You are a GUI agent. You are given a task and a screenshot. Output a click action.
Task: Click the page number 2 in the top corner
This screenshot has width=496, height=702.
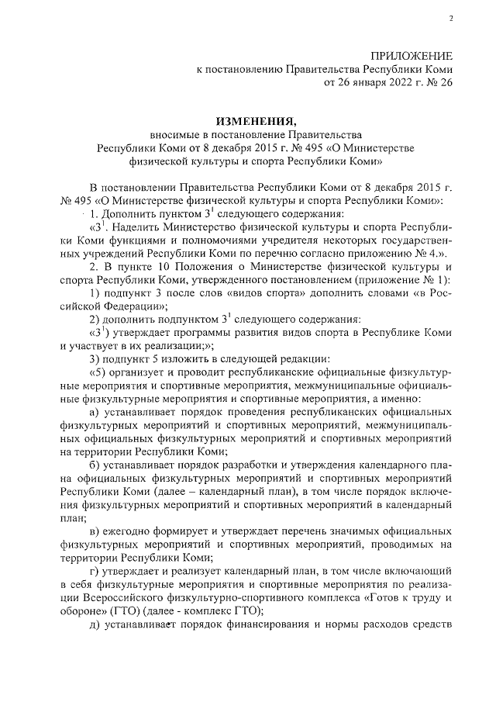point(450,19)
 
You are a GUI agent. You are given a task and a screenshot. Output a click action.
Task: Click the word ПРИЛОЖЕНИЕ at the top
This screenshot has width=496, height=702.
point(412,56)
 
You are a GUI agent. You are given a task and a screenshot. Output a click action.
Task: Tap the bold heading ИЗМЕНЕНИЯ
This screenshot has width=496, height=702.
point(256,121)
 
